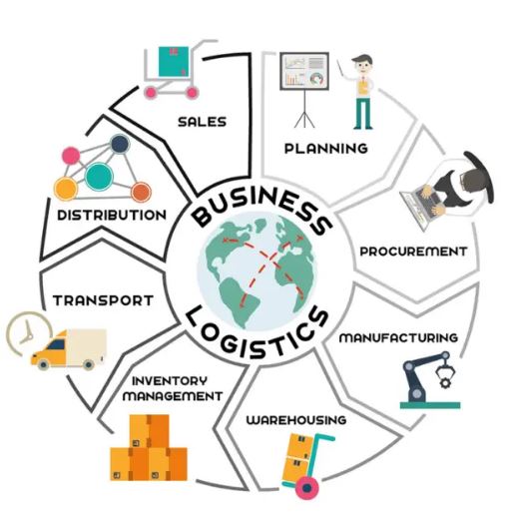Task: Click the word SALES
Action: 202,122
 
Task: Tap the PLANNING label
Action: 325,149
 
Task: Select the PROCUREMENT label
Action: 413,252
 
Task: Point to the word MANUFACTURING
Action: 398,337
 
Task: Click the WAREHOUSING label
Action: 296,420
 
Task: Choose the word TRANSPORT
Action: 103,300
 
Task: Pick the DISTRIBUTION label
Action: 112,216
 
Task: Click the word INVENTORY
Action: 170,381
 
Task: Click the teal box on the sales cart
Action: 174,62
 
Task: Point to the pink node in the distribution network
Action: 71,156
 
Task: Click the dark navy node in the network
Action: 120,144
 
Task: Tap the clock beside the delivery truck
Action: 29,333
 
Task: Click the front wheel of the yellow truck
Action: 43,364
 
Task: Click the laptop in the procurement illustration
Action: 421,208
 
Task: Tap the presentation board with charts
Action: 304,71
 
